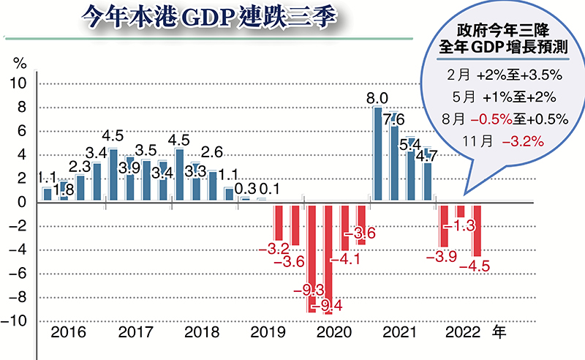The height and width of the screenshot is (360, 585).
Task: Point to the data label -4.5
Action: click(473, 266)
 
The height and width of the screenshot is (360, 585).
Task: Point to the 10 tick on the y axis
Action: click(18, 83)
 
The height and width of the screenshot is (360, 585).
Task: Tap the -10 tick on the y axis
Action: click(15, 321)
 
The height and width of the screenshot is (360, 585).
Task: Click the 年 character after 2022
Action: click(499, 333)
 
